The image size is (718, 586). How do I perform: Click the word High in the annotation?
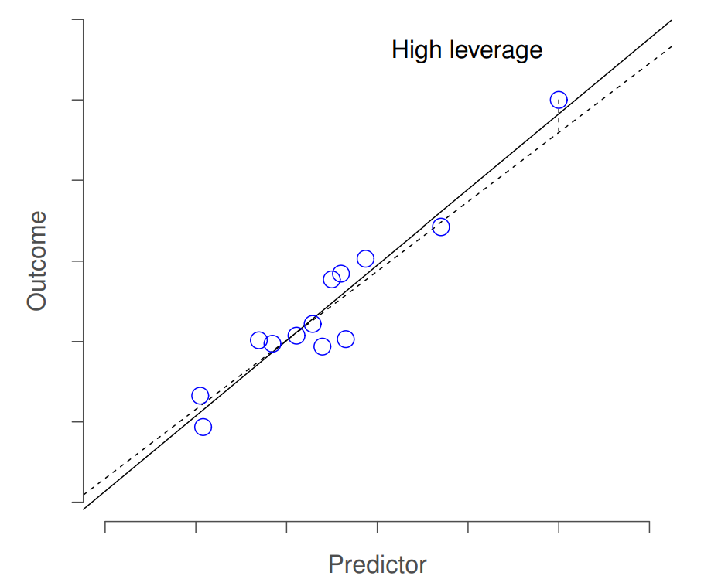pos(415,51)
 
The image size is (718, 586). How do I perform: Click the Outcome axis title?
pos(37,261)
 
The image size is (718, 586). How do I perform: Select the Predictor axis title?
pos(377,564)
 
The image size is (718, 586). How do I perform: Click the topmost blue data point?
pos(559,100)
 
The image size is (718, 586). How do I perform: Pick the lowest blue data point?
pos(203,427)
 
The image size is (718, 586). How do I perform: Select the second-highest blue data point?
pos(441,227)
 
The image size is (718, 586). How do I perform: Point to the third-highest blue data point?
pos(366,259)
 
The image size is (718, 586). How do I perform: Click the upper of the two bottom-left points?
pos(200,396)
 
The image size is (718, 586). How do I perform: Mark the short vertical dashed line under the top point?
pos(559,122)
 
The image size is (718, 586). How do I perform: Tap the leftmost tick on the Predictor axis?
pos(105,526)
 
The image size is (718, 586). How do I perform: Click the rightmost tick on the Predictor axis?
pos(649,526)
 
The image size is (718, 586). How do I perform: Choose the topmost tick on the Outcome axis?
pos(78,19)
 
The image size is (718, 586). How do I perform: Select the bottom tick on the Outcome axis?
pos(78,503)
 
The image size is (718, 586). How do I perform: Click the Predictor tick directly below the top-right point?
pos(559,526)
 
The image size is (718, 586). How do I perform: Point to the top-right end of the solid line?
pos(671,21)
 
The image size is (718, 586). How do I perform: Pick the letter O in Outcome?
pos(37,300)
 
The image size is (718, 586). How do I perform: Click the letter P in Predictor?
pos(334,564)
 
